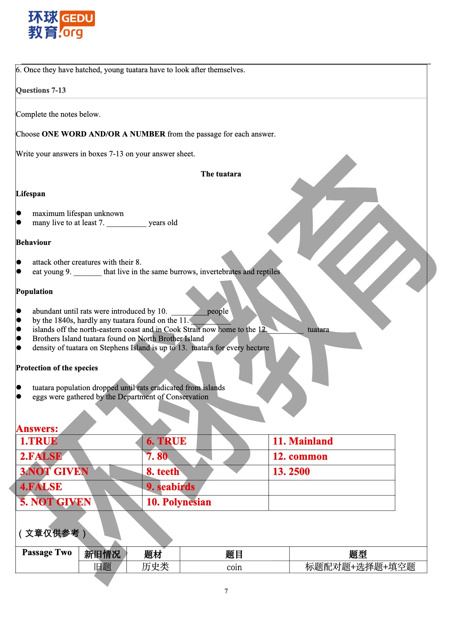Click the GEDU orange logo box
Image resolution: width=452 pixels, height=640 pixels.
pos(77,18)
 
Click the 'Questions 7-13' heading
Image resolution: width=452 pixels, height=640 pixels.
pos(41,91)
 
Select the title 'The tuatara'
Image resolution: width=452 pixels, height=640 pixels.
pos(221,174)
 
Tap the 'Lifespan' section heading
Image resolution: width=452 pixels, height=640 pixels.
pos(30,194)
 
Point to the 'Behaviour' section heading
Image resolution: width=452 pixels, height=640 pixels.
pos(33,243)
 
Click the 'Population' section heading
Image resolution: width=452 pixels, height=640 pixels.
pos(34,292)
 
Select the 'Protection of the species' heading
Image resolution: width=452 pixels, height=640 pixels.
pos(57,368)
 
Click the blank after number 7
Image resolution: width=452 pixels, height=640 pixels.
pos(126,223)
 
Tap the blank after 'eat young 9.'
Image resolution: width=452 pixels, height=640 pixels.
pos(87,272)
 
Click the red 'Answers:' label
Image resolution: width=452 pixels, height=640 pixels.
pos(37,429)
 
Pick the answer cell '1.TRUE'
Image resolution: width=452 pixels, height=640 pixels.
pos(39,441)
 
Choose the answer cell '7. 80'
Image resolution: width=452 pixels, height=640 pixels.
pos(157,457)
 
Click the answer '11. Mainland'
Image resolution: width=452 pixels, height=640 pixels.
pos(303,441)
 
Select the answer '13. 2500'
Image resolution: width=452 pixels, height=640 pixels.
pos(291,472)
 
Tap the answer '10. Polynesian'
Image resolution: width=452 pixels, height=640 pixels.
pos(179,502)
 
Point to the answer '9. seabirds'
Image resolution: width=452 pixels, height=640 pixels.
pos(171,487)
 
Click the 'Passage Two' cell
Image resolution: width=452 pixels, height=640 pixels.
pos(47,553)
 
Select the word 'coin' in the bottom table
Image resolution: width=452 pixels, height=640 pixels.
pos(234,567)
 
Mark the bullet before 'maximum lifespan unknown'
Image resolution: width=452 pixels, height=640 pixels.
pos(19,213)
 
